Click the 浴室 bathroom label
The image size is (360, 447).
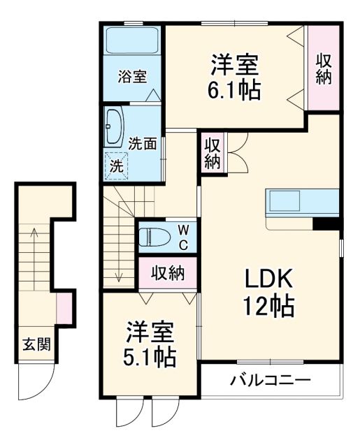pos(132,76)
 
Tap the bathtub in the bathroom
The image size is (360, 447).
pos(133,43)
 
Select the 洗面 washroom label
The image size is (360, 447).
pos(143,144)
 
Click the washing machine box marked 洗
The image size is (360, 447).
pos(117,166)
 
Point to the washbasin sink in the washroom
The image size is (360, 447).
pos(115,126)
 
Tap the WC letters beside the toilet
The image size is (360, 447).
pos(181,237)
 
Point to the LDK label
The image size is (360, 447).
pos(268,279)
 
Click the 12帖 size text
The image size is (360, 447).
pos(268,305)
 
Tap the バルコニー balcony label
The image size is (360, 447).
pos(271,381)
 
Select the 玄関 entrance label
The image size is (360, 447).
pos(36,344)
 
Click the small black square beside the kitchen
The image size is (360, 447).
pos(325,223)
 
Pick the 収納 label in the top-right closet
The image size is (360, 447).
pos(323,69)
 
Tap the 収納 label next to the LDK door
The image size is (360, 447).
pos(213,152)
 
